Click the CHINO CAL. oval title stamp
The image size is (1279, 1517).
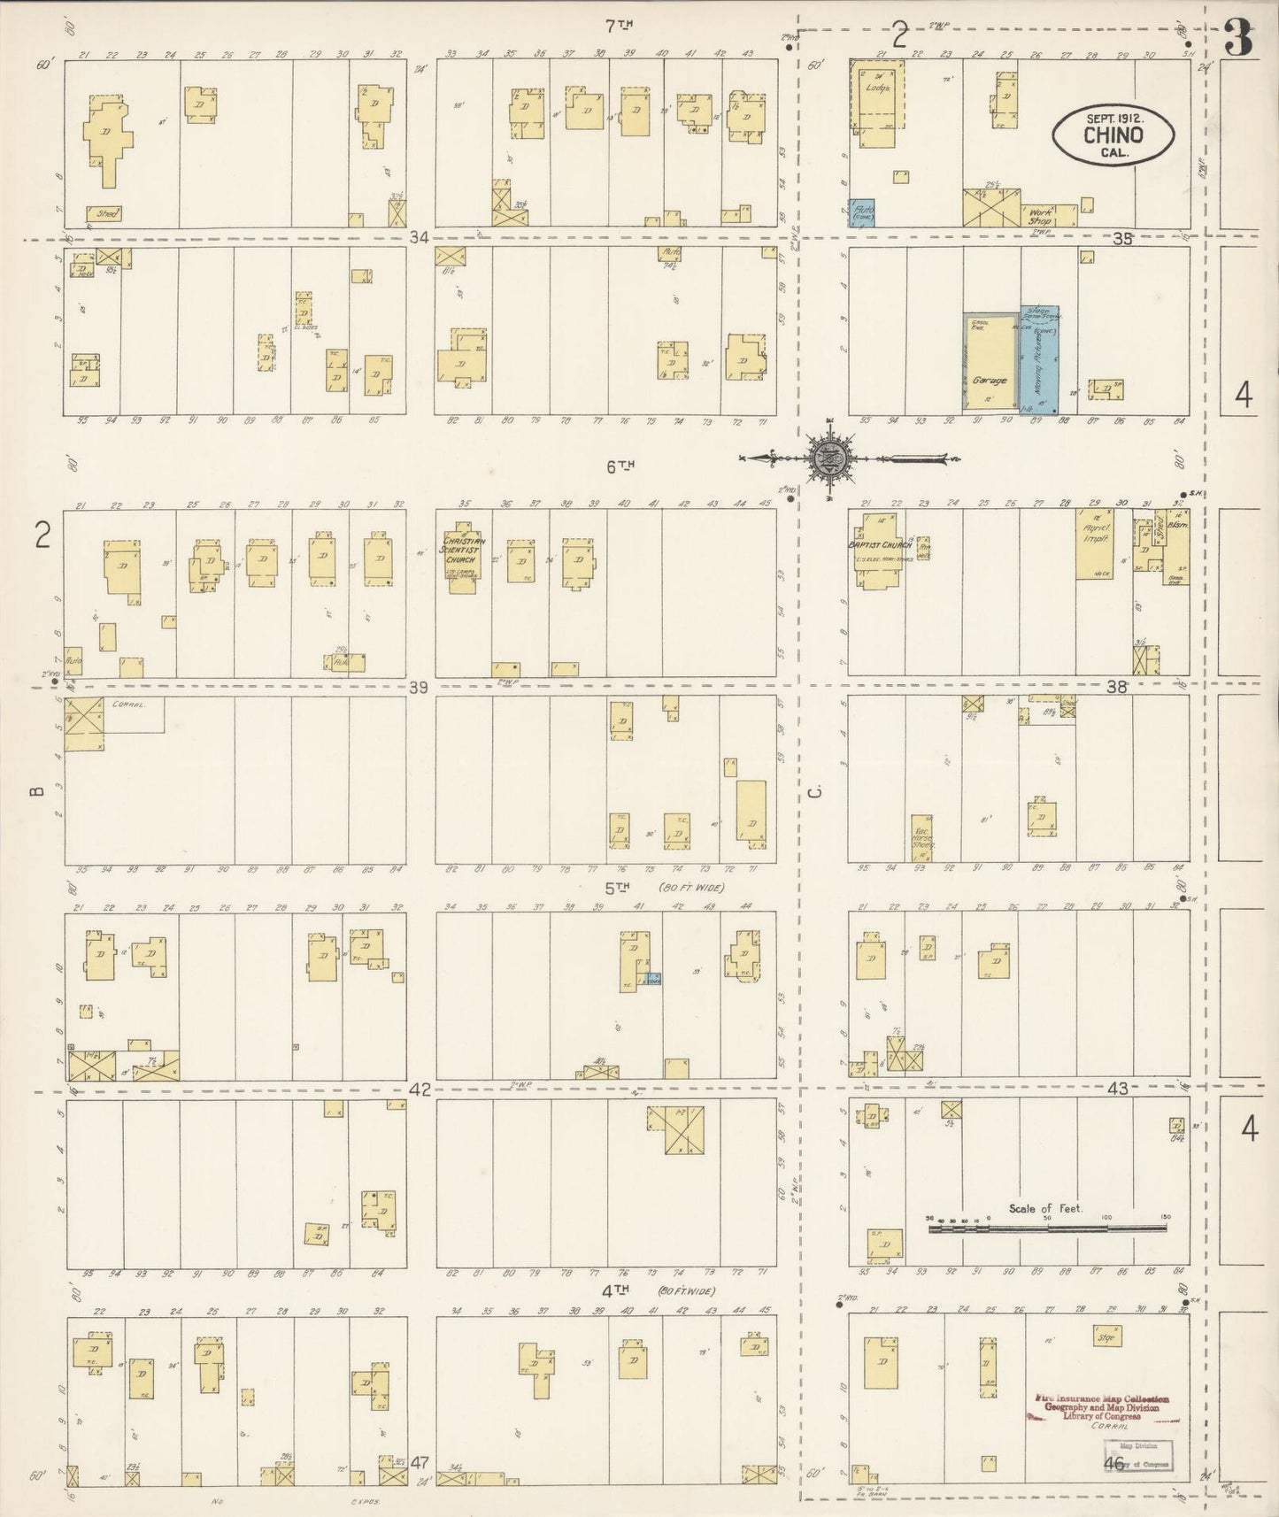[x=1113, y=135]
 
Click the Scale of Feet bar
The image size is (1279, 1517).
[x=1048, y=1228]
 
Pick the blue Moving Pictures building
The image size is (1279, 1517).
[x=1040, y=359]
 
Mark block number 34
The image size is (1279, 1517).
[x=419, y=237]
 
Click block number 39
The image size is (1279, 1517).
[x=419, y=687]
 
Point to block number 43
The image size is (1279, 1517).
[x=1118, y=1090]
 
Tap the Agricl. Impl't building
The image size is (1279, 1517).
[x=1098, y=543]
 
